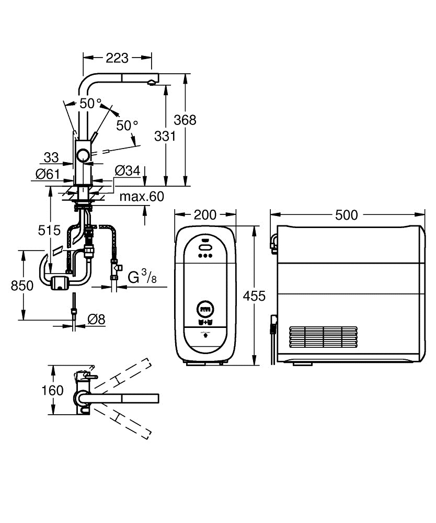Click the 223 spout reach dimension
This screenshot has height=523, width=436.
coord(118,58)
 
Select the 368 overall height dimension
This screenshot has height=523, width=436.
coord(185,120)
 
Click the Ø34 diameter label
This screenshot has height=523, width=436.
coord(126,170)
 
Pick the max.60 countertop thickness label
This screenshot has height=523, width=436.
coord(142,197)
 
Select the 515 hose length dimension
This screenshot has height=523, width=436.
coord(50,230)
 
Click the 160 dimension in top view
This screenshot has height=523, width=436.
coord(52,390)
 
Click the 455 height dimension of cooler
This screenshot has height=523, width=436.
coord(255,296)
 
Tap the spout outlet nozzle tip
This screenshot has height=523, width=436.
coord(151,82)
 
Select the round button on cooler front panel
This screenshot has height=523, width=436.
coord(204,309)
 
